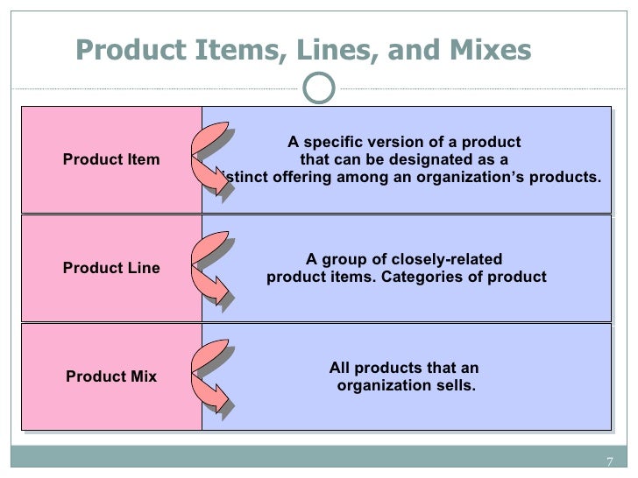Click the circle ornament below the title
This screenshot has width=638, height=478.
321,86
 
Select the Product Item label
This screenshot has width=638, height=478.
111,159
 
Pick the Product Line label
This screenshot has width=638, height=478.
111,268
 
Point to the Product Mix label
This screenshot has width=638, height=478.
111,376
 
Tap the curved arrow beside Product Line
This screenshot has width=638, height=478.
213,268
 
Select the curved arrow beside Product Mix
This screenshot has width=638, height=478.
213,376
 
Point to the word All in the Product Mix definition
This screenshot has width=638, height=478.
339,369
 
